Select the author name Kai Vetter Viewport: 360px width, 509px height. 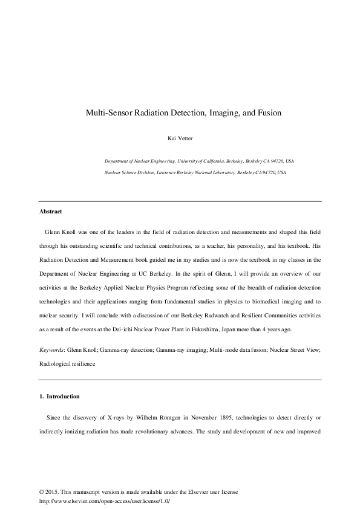pos(179,138)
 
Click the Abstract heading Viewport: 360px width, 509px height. pos(51,212)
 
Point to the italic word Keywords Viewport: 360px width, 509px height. pos(51,350)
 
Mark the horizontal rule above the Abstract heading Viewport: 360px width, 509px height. pos(180,201)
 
